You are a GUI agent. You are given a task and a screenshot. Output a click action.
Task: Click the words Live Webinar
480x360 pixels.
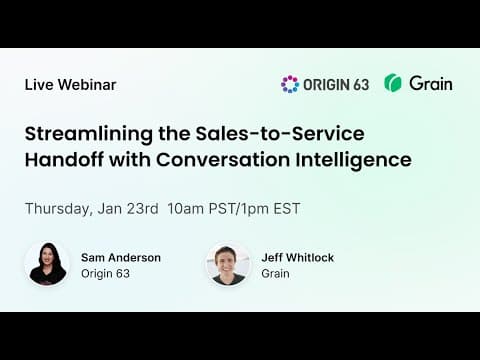pos(70,85)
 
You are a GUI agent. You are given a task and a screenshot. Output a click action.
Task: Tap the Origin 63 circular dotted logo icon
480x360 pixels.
pos(290,84)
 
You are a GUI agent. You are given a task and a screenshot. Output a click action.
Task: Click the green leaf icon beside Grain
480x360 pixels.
pos(393,83)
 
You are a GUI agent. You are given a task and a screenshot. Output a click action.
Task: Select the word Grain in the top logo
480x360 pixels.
pos(431,83)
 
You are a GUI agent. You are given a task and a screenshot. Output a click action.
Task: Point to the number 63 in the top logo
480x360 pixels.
pos(361,85)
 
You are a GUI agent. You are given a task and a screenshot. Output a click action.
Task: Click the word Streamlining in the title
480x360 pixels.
pos(88,134)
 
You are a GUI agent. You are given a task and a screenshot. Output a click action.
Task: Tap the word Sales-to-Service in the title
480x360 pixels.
pos(280,133)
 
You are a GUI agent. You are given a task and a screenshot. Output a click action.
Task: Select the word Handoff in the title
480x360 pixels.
pos(64,159)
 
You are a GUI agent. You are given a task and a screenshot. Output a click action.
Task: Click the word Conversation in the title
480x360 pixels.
pos(223,160)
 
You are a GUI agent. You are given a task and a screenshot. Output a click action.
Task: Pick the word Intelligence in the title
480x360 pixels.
pos(354,160)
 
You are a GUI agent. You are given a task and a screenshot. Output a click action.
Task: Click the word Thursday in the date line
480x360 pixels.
pos(57,209)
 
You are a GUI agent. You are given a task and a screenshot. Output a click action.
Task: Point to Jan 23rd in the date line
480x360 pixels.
pos(128,209)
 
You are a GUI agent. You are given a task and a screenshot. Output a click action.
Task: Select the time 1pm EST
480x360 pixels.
pos(270,209)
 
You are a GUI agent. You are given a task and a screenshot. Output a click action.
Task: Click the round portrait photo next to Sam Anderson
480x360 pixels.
pos(47,264)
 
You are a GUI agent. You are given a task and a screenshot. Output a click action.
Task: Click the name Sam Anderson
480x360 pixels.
pos(121,258)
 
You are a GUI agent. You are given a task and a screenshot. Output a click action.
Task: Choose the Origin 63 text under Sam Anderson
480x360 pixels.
pos(105,274)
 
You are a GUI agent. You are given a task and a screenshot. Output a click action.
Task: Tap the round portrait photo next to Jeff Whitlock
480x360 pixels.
pos(228,265)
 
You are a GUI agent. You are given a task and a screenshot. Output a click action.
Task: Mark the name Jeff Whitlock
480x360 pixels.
pos(298,258)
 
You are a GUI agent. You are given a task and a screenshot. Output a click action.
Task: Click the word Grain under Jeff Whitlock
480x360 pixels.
pos(275,274)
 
